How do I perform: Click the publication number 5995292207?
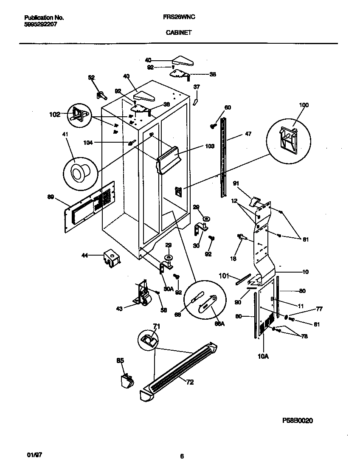(41, 24)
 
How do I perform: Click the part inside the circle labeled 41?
(78, 173)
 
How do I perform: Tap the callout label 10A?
(263, 357)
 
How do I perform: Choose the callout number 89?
(51, 197)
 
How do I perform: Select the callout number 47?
(248, 134)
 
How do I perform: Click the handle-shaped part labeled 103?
(169, 160)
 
